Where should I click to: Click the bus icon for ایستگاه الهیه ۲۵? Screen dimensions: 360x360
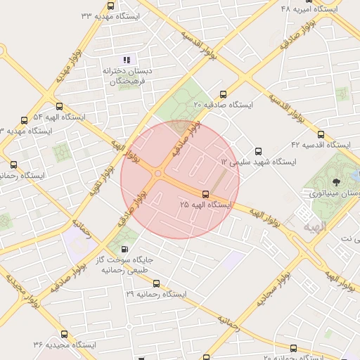pos(205,193)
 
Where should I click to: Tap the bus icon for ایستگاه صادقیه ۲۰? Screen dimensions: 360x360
pos(224,94)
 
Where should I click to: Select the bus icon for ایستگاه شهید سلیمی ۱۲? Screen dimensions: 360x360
pos(257,150)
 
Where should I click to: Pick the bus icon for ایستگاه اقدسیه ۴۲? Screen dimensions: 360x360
pos(321,134)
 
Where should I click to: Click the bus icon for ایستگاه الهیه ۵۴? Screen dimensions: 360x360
pos(25,120)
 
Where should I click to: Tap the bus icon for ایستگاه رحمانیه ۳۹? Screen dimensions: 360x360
pos(156,284)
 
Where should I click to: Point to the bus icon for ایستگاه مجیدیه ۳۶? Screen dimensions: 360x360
pos(64,334)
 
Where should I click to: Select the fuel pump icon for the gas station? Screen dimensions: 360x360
pos(125,249)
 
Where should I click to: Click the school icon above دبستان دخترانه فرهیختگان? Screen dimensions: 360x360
pos(127,60)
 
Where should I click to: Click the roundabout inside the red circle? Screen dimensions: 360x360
pos(159,174)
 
